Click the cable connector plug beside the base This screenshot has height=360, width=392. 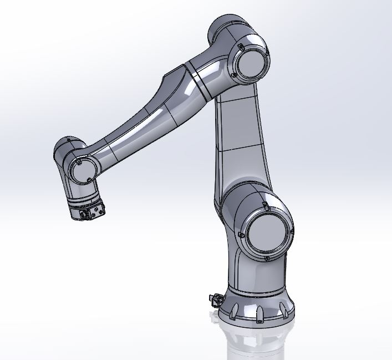pyautogui.click(x=213, y=299)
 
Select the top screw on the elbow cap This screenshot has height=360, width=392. pyautogui.click(x=242, y=46)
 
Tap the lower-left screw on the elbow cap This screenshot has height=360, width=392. pyautogui.click(x=235, y=74)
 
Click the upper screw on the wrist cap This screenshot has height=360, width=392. pyautogui.click(x=79, y=163)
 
